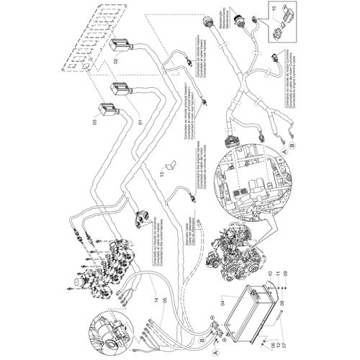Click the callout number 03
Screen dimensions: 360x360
tap(94, 123)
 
